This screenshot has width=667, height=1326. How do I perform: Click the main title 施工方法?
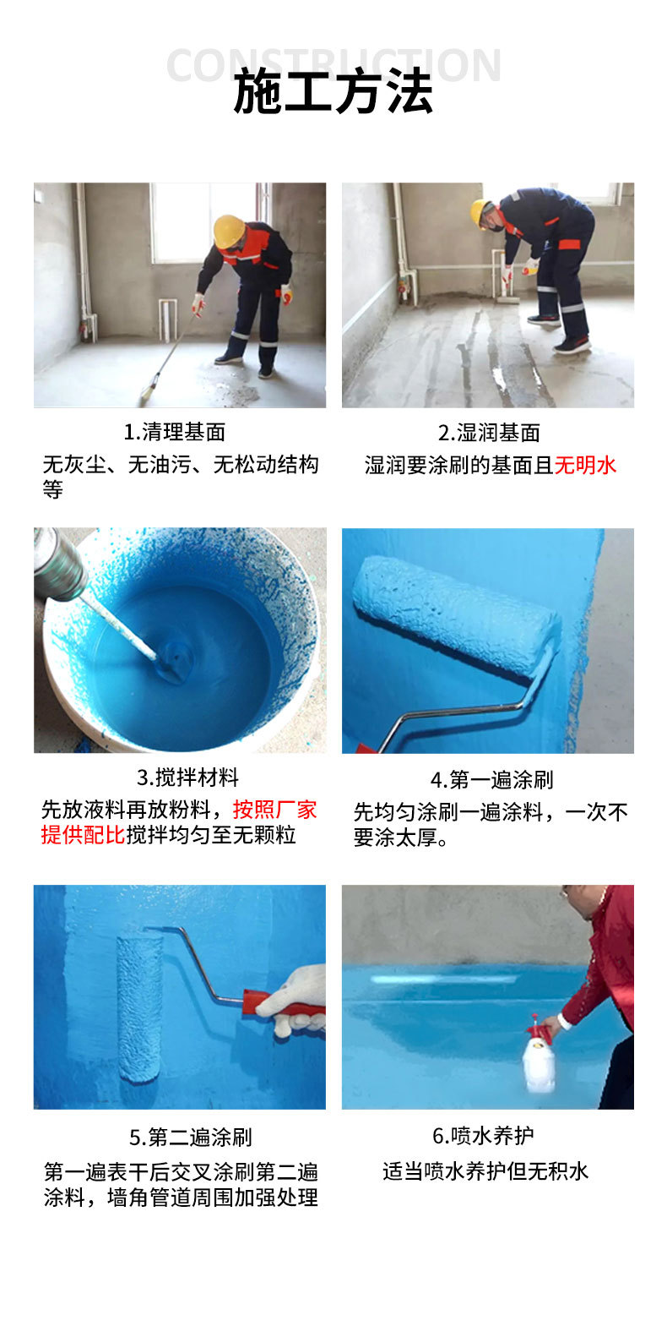[x=333, y=92]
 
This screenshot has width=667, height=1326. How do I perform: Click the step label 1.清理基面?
[x=175, y=432]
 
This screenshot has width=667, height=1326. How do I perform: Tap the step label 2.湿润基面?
[x=488, y=433]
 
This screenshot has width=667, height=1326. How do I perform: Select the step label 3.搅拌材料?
[x=187, y=778]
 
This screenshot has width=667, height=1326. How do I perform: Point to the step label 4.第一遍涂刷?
[x=491, y=779]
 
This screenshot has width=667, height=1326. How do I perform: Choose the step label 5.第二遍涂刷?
[x=191, y=1137]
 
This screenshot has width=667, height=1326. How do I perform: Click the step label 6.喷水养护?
[x=482, y=1135]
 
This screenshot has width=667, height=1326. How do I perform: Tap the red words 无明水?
[x=585, y=465]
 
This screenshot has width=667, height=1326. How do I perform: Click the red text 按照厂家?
[x=274, y=810]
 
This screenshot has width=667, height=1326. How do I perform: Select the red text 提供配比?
[x=83, y=835]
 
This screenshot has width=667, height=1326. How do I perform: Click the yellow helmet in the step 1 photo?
[x=228, y=231]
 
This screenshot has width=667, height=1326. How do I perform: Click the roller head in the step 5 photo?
[x=139, y=1006]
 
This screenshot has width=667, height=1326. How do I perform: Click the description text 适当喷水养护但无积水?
[x=485, y=1171]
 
